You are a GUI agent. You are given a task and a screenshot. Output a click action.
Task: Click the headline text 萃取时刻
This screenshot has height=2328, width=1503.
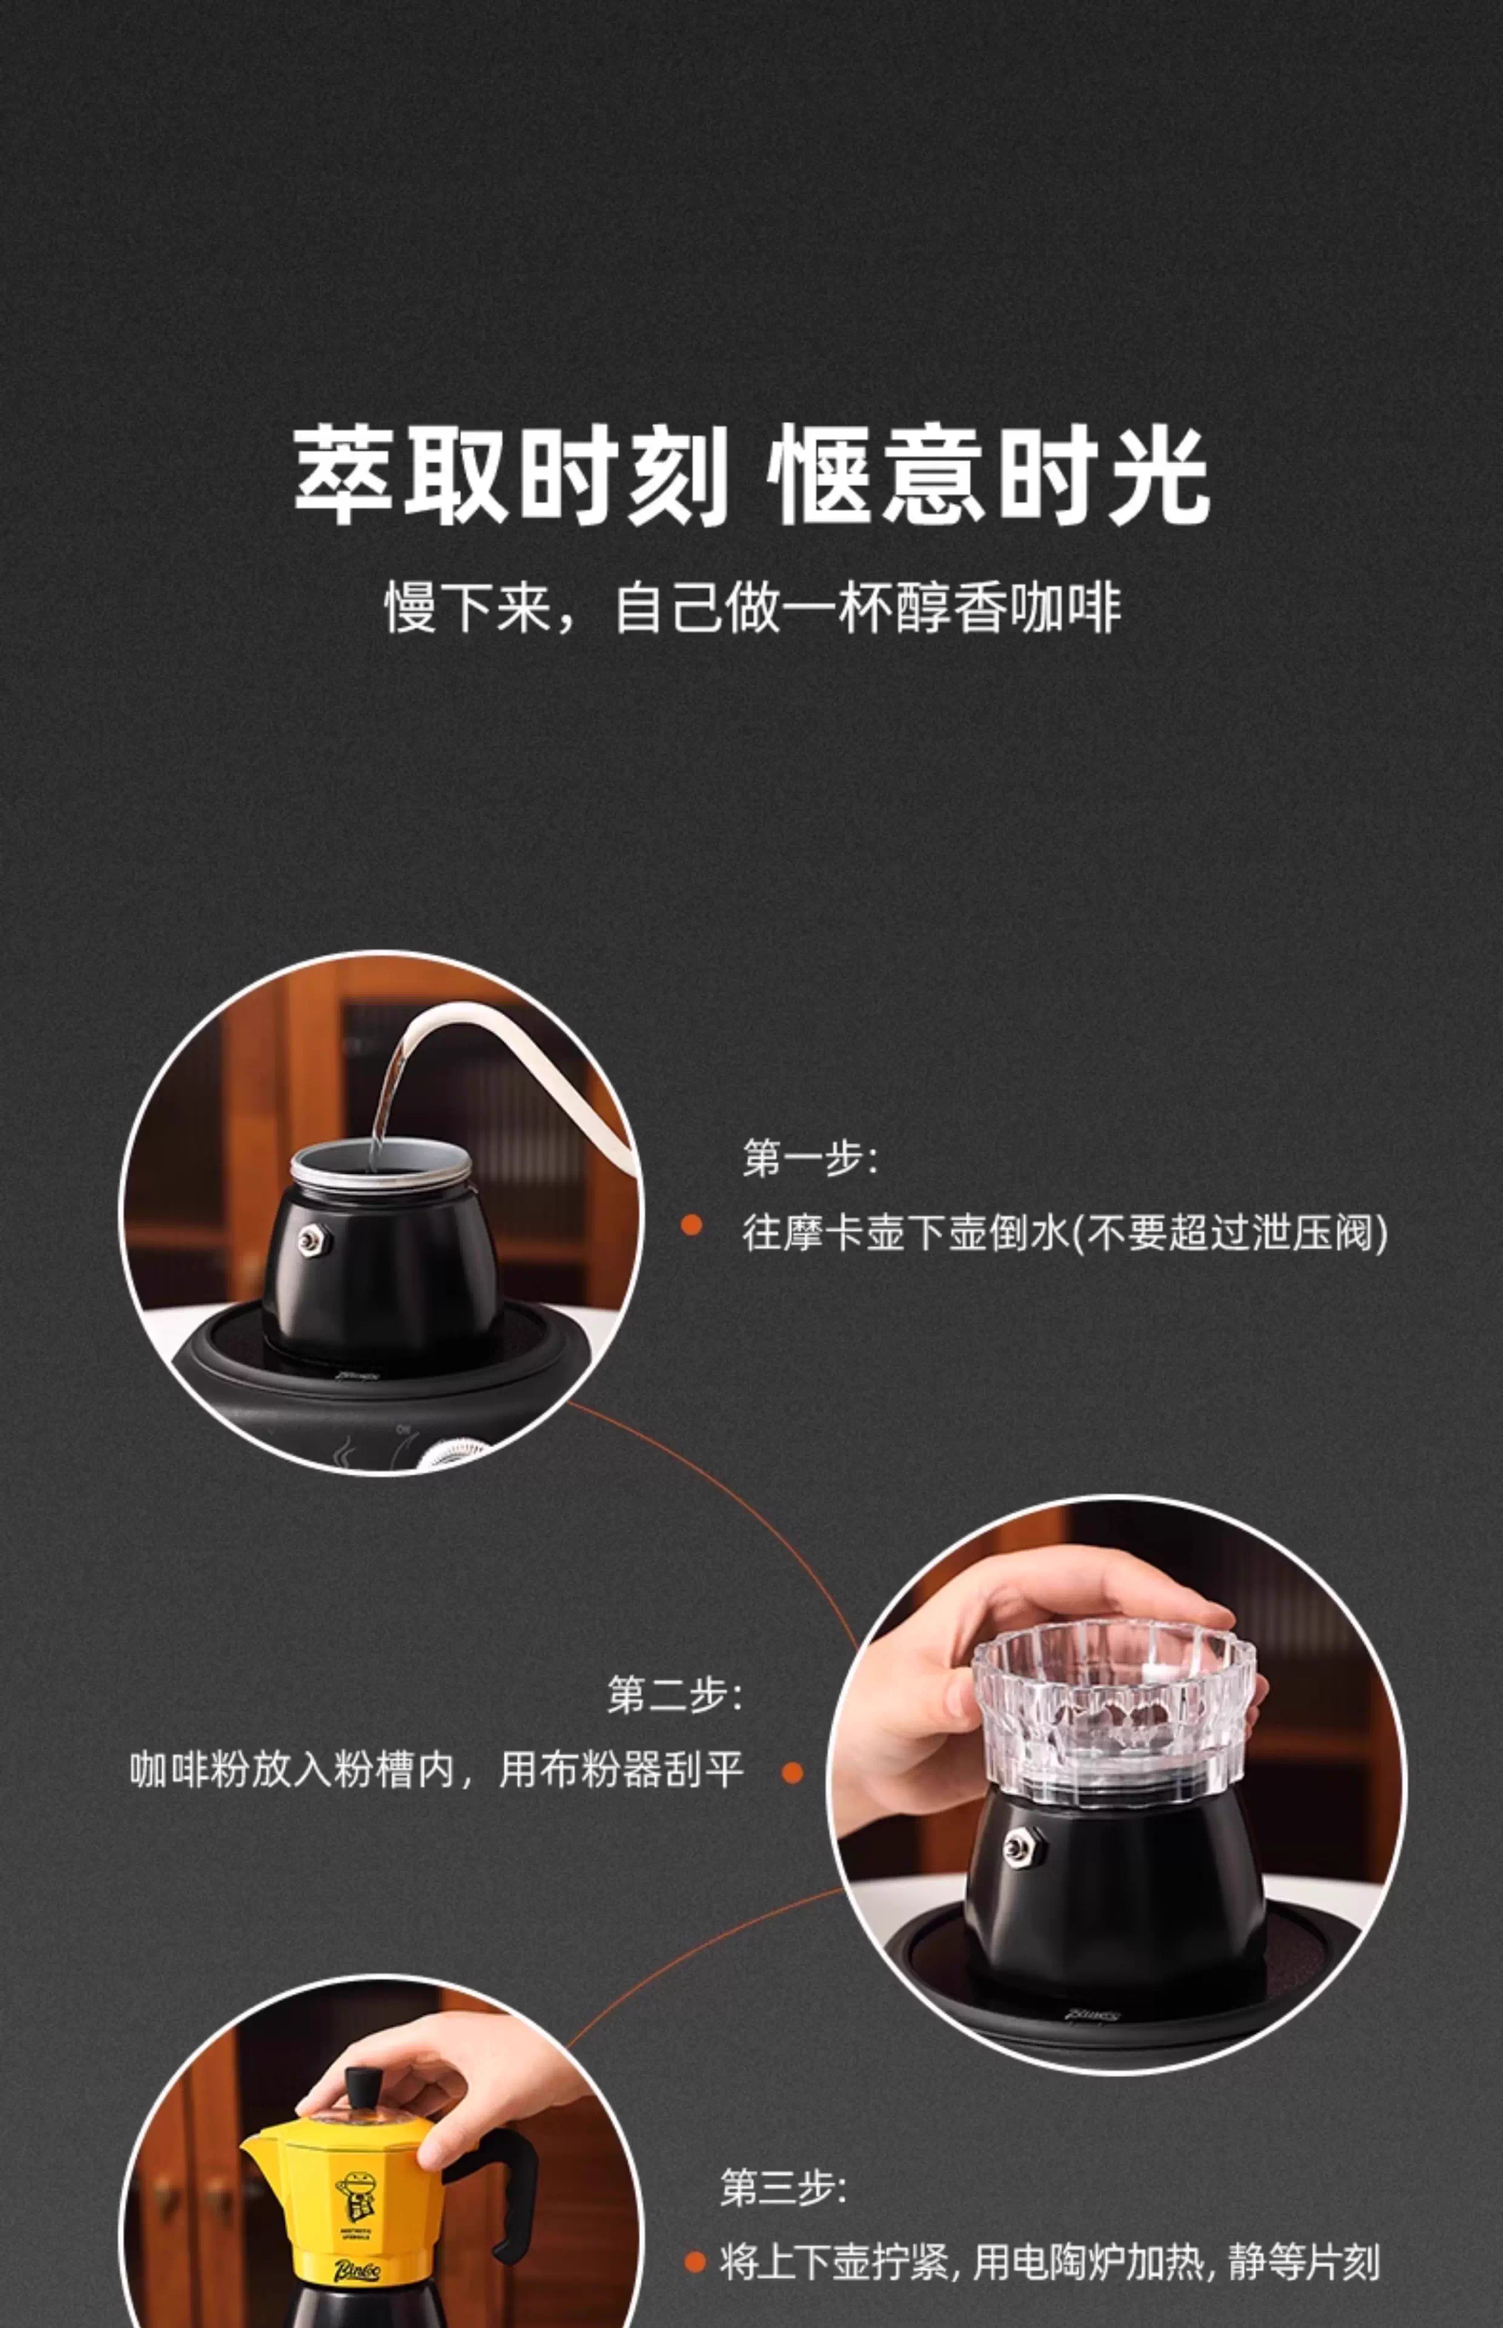512,477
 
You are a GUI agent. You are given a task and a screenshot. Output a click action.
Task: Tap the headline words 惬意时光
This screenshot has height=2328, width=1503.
988,477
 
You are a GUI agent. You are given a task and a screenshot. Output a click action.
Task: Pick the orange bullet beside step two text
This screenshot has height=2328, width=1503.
793,1773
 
